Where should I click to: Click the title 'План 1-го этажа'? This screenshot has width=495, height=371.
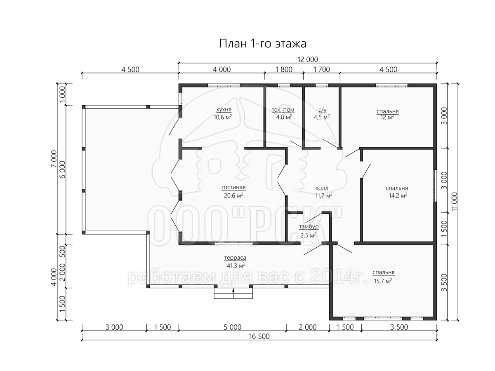[x=262, y=43]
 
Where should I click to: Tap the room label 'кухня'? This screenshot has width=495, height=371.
[x=224, y=110]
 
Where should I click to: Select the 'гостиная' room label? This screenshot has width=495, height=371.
[x=233, y=187]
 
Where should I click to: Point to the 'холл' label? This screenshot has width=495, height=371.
[x=322, y=188]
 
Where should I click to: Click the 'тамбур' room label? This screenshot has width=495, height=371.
[x=309, y=226]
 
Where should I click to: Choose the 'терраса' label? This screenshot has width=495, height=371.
[x=235, y=258]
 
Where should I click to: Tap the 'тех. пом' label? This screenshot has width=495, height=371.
[x=283, y=110]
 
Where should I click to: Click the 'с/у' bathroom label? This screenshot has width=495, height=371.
[x=322, y=110]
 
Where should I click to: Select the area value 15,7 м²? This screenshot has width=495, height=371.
[x=383, y=281]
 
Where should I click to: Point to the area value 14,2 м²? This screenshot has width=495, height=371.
[x=398, y=195]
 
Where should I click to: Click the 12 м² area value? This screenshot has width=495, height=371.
[x=387, y=117]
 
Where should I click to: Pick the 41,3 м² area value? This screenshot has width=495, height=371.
[x=236, y=265]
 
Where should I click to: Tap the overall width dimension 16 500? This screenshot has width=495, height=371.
[x=259, y=336]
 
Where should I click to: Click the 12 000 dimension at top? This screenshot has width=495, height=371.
[x=308, y=59]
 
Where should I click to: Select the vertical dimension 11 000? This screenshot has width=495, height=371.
[x=455, y=202]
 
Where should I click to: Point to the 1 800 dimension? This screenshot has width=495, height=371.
[x=284, y=69]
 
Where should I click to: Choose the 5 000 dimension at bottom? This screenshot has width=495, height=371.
[x=233, y=327]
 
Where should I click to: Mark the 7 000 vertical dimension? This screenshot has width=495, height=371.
[x=54, y=159]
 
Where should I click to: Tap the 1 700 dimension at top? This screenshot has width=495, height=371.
[x=322, y=69]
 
